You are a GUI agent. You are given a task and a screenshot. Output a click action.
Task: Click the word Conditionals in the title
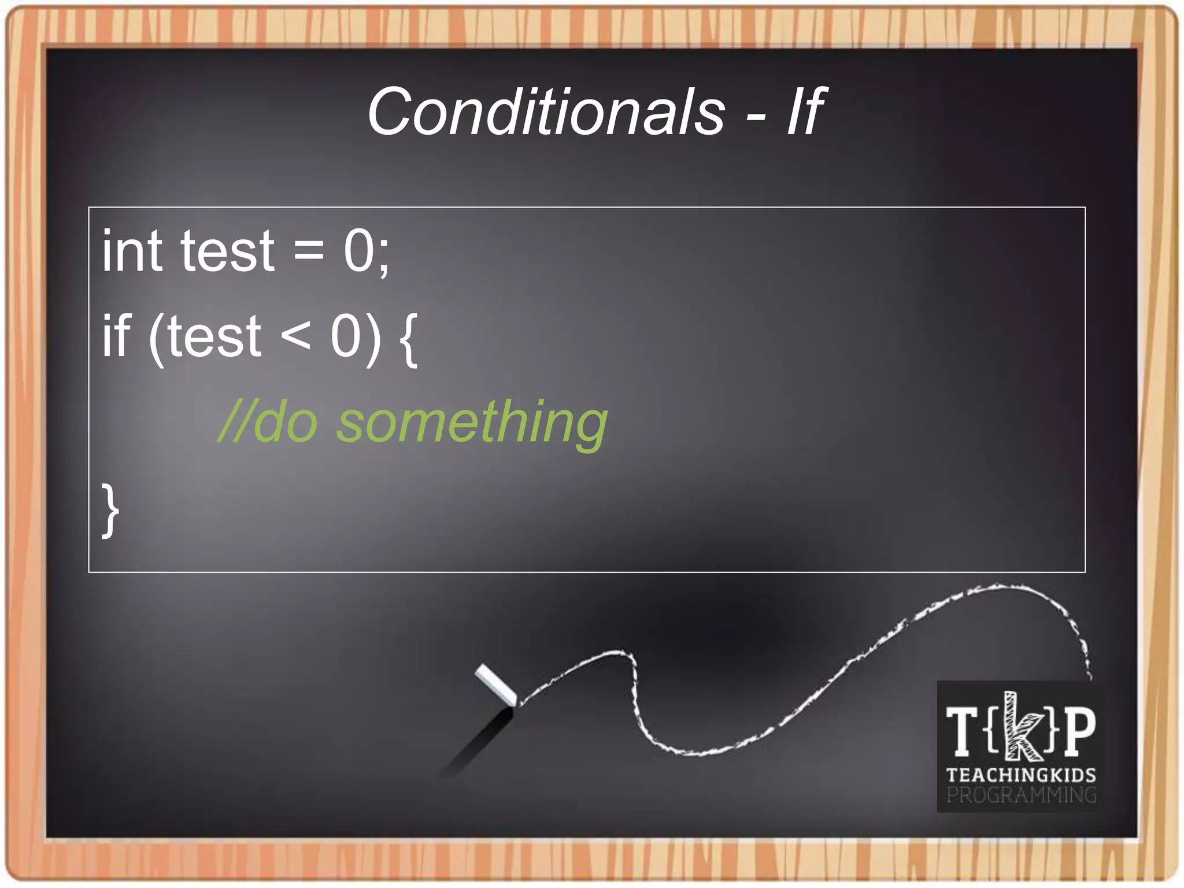click(546, 112)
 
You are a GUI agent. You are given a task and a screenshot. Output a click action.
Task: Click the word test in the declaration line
click(227, 251)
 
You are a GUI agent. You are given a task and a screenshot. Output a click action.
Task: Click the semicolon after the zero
click(383, 254)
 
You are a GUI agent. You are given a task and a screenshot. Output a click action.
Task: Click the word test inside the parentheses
click(214, 337)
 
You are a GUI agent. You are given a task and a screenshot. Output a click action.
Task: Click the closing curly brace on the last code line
click(110, 510)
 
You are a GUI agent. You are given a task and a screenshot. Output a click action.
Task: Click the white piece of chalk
click(495, 685)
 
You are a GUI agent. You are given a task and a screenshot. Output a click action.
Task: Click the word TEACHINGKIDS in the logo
click(1021, 775)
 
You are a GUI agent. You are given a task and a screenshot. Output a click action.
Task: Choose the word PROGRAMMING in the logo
click(1021, 795)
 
